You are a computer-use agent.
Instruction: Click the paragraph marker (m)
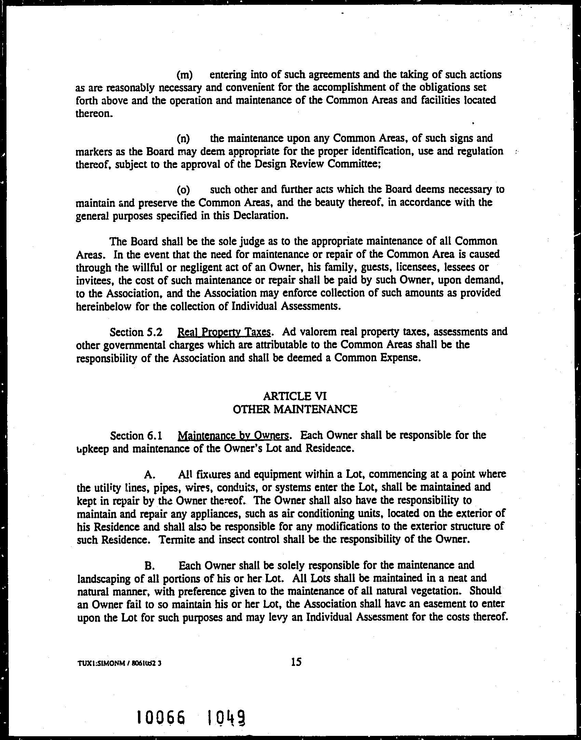tap(185, 75)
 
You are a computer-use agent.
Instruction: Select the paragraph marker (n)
tap(183, 139)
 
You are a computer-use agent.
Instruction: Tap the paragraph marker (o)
tap(183, 190)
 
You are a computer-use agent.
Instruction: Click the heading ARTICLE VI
tap(295, 396)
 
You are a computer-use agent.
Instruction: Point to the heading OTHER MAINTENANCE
tap(295, 409)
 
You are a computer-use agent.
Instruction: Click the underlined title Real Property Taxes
tap(225, 332)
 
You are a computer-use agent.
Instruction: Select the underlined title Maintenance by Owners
tap(234, 436)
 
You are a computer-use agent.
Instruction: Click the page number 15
tap(296, 662)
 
